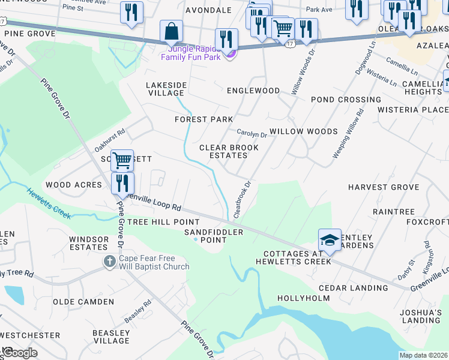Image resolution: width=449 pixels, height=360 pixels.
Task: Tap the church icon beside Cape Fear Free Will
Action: click(109, 261)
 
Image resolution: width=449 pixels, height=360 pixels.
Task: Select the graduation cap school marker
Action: click(330, 241)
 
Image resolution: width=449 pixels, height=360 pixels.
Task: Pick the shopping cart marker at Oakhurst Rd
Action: click(122, 160)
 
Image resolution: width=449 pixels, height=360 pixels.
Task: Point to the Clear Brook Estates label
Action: click(229, 151)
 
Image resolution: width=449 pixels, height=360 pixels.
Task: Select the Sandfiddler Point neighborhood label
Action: click(214, 236)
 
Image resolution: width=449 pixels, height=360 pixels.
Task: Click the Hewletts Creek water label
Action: click(49, 203)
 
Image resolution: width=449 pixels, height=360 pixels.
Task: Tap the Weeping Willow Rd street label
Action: click(348, 133)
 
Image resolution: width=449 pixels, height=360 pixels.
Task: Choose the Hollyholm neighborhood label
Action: click(303, 298)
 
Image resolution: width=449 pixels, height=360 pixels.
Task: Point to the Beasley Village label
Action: click(111, 336)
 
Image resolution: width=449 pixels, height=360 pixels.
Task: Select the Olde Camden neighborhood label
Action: click(75, 302)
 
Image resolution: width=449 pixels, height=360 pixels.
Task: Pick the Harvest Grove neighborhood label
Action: click(384, 187)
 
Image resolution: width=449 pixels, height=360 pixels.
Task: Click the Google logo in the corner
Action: click(19, 353)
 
